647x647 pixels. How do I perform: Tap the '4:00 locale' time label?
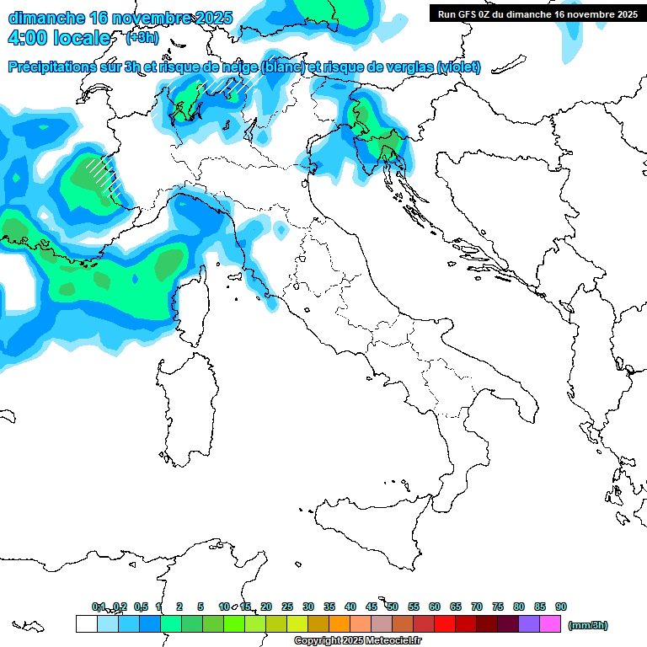tap(58, 38)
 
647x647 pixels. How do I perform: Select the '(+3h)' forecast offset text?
tap(142, 38)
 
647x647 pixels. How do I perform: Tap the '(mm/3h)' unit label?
tap(588, 624)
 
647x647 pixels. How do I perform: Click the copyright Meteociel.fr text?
tap(357, 640)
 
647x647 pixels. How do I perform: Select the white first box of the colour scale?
tap(86, 623)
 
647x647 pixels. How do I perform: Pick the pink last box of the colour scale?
tap(550, 623)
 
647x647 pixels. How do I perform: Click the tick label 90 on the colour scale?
tap(561, 607)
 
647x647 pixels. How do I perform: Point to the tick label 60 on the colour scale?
tap(435, 607)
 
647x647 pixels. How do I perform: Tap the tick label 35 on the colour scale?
tap(329, 607)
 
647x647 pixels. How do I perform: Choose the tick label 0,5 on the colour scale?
tap(140, 607)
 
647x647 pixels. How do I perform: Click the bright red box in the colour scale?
tap(445, 623)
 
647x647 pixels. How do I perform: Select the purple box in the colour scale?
tap(529, 623)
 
